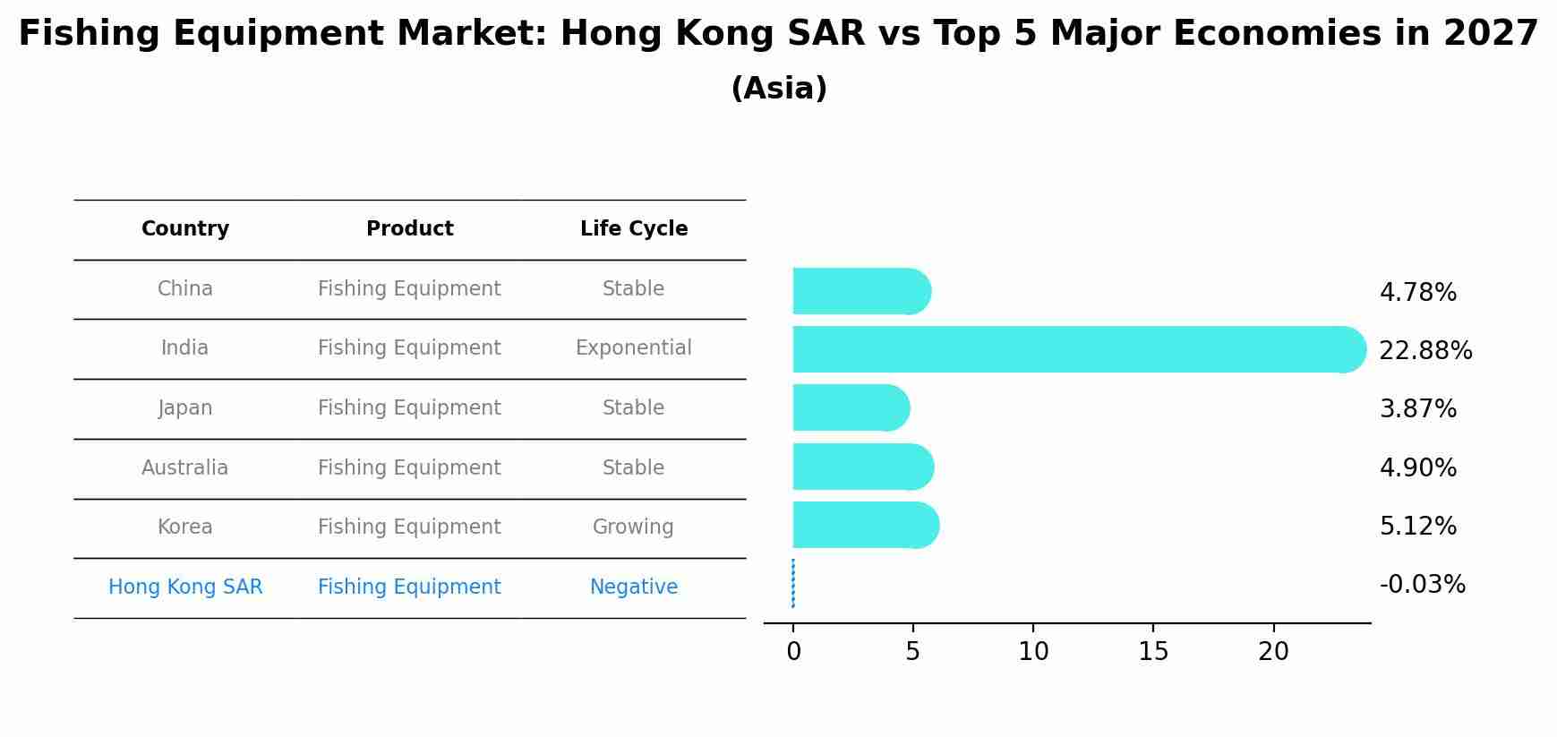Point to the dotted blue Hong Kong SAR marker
793,584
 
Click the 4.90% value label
1417,467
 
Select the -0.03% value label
1422,585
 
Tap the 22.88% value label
1425,350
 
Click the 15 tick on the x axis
1153,652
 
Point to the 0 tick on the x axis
793,652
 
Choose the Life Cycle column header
634,229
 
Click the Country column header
185,229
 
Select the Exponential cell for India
634,348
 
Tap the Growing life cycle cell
634,527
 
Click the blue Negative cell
634,587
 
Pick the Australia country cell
185,467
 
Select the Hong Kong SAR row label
185,587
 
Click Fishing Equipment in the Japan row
409,408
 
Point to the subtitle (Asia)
779,89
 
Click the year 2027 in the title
1490,34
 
